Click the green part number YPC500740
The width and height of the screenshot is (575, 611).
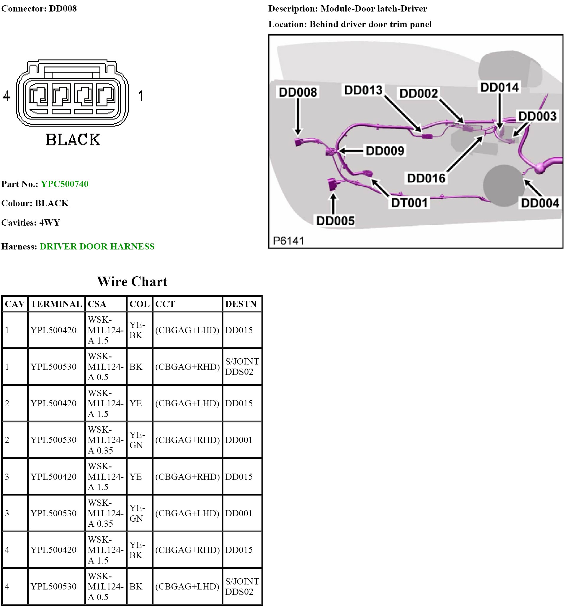(x=64, y=184)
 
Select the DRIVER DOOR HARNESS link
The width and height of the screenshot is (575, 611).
(x=97, y=247)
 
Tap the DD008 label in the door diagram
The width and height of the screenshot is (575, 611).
(x=298, y=92)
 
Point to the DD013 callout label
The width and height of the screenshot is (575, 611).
(x=363, y=90)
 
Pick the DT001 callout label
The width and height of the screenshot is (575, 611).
(x=409, y=203)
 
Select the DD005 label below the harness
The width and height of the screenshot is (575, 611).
(x=335, y=221)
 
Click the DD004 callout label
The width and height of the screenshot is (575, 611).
(x=540, y=203)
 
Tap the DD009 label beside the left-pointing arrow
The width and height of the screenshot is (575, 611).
(x=385, y=151)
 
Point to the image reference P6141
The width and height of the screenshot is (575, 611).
(x=288, y=241)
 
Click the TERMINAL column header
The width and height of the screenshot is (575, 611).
(x=56, y=304)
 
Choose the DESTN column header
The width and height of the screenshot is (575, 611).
(x=241, y=304)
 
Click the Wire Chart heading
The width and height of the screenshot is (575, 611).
(x=132, y=282)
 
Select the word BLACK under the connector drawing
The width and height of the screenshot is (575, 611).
(x=73, y=139)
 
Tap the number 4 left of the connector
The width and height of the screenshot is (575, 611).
(x=6, y=96)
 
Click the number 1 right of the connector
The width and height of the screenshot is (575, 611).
(x=141, y=96)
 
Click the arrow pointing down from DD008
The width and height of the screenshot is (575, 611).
(x=298, y=117)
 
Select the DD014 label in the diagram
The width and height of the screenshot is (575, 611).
(x=499, y=87)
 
